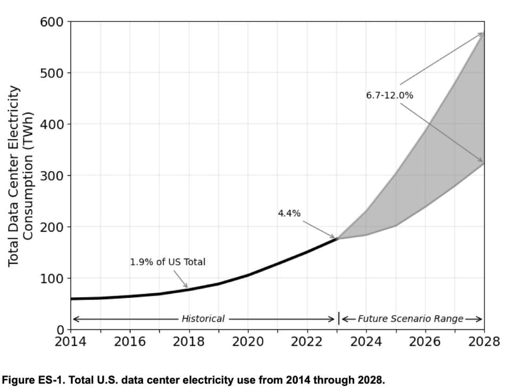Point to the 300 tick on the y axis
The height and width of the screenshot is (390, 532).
click(52, 176)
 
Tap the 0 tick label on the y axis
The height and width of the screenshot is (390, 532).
click(60, 330)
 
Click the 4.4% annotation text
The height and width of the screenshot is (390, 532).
click(289, 213)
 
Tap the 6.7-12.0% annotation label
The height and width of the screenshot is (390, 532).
click(389, 96)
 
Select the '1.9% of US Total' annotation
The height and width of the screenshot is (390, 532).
click(168, 262)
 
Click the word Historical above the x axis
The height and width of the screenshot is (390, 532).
click(203, 319)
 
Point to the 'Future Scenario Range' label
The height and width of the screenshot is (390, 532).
click(410, 319)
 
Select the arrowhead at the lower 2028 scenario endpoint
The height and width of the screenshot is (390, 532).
click(480, 160)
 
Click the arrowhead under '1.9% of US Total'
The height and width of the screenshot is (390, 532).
click(185, 285)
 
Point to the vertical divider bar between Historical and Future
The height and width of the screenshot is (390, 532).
click(339, 319)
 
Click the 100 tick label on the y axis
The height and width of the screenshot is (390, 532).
click(52, 278)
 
